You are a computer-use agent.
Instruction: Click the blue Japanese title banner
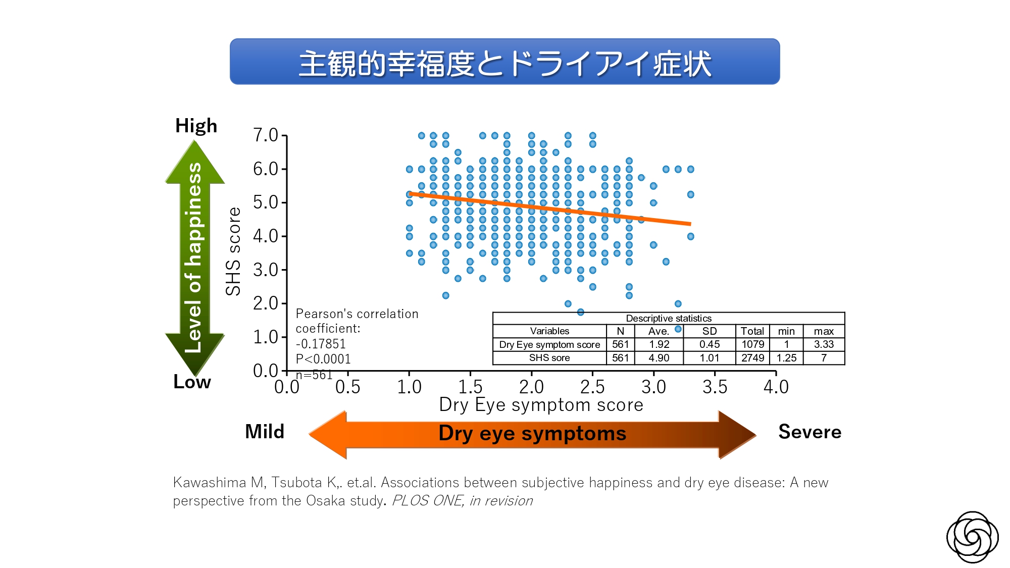[x=504, y=62]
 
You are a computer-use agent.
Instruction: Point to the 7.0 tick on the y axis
[x=266, y=135]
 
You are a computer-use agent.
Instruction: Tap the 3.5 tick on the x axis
[x=715, y=387]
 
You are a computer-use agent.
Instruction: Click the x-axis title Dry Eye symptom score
[x=541, y=405]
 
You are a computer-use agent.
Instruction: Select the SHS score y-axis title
[x=233, y=251]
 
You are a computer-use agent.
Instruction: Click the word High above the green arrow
[x=196, y=126]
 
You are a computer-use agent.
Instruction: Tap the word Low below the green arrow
[x=192, y=382]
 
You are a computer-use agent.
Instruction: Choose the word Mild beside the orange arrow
[x=265, y=432]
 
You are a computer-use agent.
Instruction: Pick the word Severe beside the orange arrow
[x=810, y=432]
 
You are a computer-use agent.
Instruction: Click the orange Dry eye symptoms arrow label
[x=532, y=434]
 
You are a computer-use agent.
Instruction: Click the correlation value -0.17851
[x=321, y=344]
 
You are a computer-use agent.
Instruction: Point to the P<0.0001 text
[x=323, y=359]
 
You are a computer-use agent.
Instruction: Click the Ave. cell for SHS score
[x=659, y=358]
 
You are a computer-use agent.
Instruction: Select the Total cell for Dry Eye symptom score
[x=752, y=344]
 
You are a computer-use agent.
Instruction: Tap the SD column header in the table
[x=709, y=331]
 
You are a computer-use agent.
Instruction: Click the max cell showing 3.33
[x=824, y=344]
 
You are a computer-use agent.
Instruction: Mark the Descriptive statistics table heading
[x=668, y=319]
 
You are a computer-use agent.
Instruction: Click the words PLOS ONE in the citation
[x=427, y=501]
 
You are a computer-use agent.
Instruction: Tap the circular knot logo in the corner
[x=972, y=537]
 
